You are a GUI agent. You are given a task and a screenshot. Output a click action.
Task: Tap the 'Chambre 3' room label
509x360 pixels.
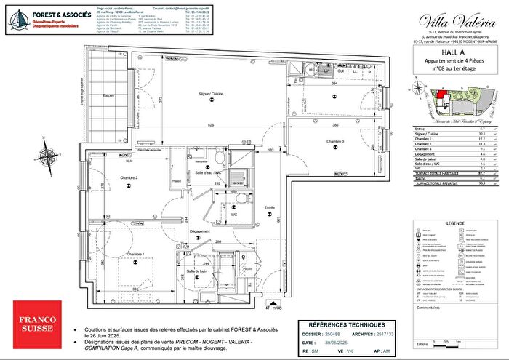334,140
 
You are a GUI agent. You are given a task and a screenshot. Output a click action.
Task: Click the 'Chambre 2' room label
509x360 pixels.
129,177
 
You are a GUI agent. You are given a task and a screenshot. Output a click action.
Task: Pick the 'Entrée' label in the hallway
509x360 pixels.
270,207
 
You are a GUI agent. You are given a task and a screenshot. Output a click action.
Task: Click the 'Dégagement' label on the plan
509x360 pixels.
199,232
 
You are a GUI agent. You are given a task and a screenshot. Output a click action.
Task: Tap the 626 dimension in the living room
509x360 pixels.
209,125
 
